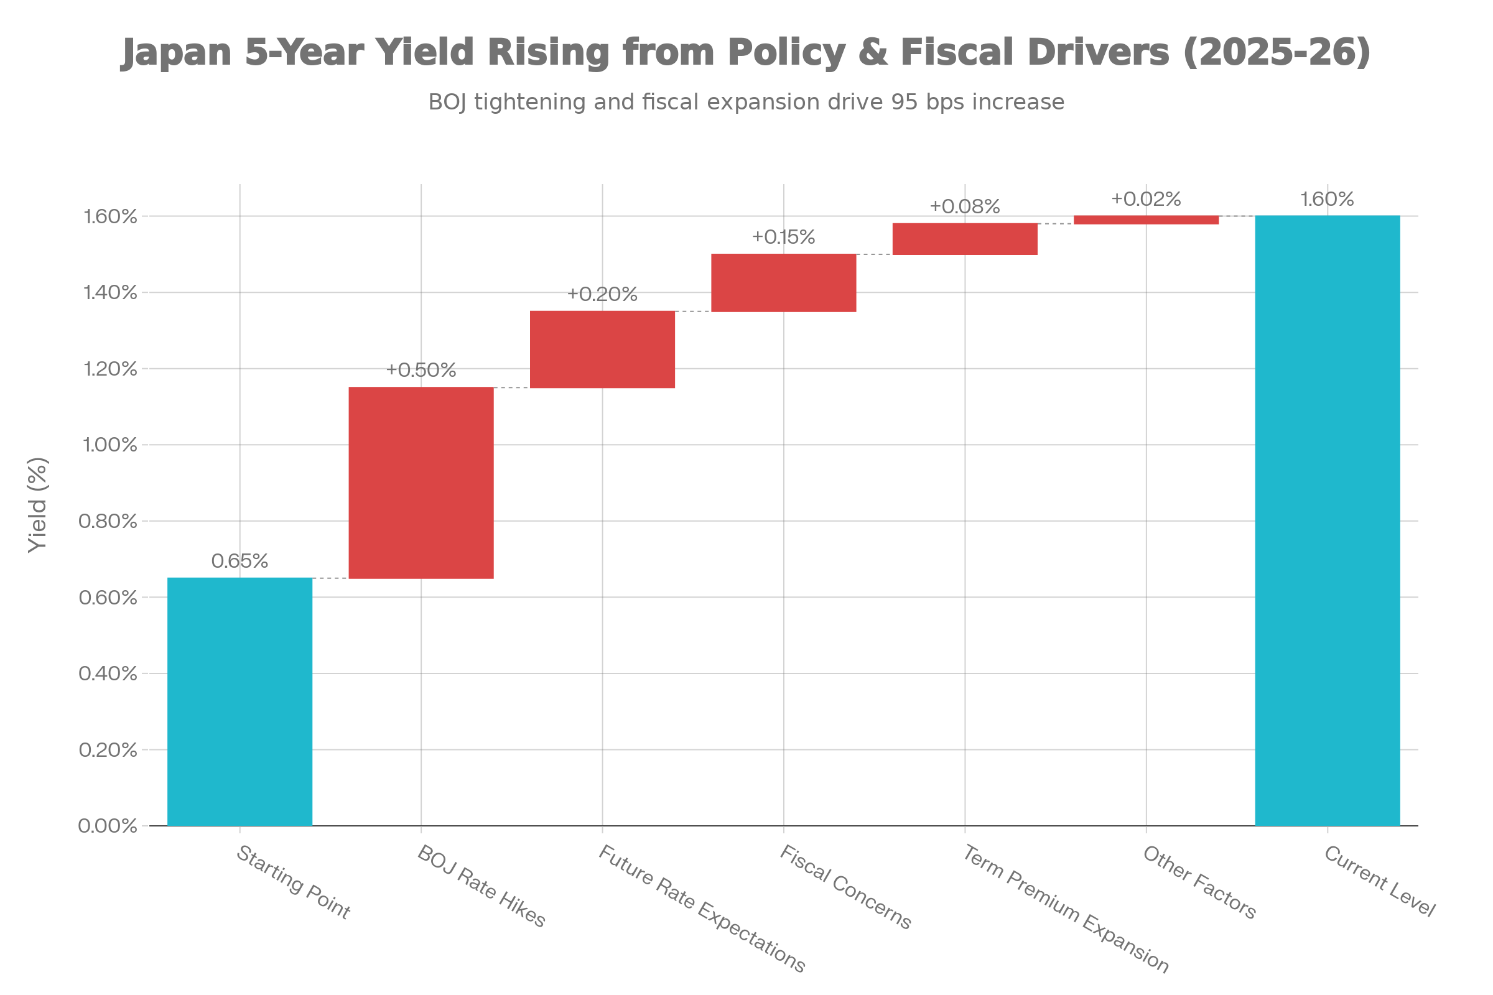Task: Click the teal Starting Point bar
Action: [x=240, y=702]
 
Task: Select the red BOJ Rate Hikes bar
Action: [x=422, y=483]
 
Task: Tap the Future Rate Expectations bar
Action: [x=602, y=349]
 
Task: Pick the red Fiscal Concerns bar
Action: [x=784, y=283]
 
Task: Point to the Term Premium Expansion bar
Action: [x=965, y=239]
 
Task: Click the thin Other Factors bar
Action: [x=1146, y=220]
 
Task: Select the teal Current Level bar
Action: [x=1328, y=521]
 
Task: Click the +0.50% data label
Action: [x=422, y=370]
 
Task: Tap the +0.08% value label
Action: [x=965, y=206]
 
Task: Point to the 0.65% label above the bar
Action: [x=240, y=561]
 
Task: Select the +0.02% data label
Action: [x=1146, y=199]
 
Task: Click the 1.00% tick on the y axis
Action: [x=111, y=445]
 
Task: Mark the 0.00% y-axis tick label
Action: [x=108, y=826]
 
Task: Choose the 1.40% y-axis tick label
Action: [x=111, y=292]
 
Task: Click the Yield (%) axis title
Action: [x=38, y=505]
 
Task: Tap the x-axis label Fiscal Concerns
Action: [x=845, y=887]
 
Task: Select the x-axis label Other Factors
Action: [x=1200, y=882]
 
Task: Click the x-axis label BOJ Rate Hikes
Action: [x=481, y=887]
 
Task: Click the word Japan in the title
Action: [x=177, y=53]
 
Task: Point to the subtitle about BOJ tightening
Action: [x=746, y=102]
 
